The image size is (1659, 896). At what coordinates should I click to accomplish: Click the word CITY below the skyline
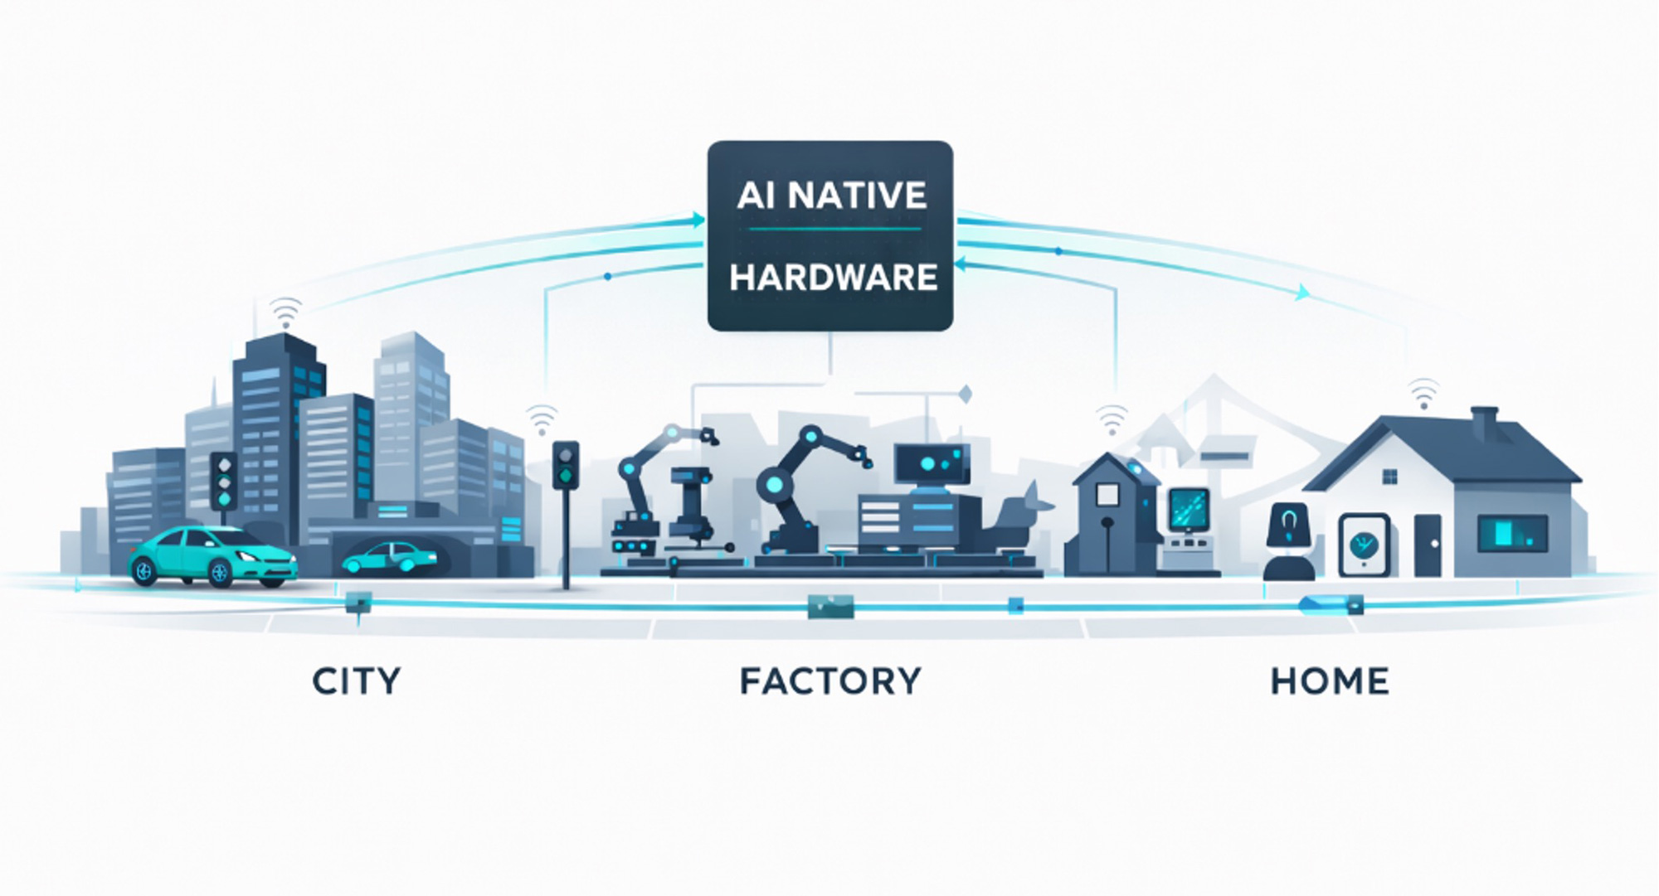[x=357, y=681]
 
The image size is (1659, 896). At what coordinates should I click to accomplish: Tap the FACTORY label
[x=830, y=681]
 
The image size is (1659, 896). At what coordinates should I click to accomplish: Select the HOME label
[x=1330, y=681]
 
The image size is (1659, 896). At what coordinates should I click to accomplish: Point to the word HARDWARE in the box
[x=833, y=278]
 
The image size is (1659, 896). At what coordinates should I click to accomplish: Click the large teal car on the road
[x=212, y=554]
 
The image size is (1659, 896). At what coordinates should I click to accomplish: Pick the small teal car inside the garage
[x=390, y=557]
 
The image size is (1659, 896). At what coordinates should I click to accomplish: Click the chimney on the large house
[x=1484, y=423]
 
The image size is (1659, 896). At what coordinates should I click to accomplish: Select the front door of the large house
[x=1428, y=545]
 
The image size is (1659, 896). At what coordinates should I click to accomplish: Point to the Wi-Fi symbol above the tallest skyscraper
[x=286, y=313]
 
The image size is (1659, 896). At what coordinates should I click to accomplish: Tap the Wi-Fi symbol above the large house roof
[x=1423, y=393]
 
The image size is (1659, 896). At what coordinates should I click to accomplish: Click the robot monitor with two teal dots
[x=932, y=464]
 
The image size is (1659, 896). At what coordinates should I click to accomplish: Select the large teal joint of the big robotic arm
[x=775, y=484]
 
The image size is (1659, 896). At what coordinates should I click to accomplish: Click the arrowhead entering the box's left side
[x=698, y=220]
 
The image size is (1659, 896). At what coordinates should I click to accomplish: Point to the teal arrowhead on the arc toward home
[x=1303, y=292]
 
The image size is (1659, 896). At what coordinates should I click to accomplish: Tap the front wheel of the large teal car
[x=221, y=572]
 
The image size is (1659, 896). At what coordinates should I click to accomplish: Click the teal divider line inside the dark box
[x=833, y=230]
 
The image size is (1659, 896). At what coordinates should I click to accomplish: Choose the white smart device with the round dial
[x=1364, y=545]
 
